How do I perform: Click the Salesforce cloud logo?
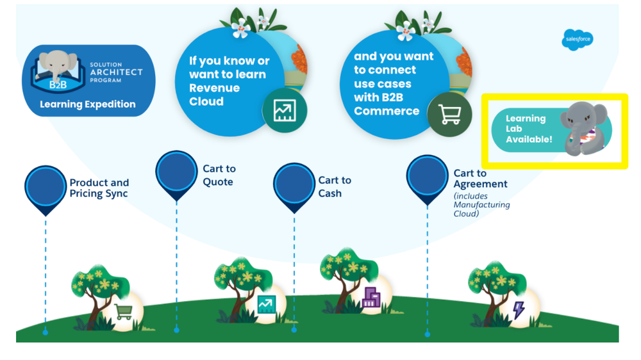577,40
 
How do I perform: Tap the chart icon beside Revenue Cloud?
285,110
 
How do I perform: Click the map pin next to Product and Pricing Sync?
46,186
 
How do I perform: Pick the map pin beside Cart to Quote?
176,172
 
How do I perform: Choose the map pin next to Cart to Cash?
294,184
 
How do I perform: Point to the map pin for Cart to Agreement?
427,176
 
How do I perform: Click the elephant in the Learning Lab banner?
583,129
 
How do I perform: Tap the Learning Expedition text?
88,104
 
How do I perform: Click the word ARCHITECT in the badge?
116,72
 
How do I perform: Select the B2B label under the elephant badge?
58,84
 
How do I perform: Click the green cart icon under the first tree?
124,312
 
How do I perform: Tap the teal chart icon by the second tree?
265,304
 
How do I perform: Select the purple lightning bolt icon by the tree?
519,310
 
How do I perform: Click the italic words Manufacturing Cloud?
481,209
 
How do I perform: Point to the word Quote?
218,182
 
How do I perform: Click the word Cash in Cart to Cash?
330,193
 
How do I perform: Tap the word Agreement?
480,184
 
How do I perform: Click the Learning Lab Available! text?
528,129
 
